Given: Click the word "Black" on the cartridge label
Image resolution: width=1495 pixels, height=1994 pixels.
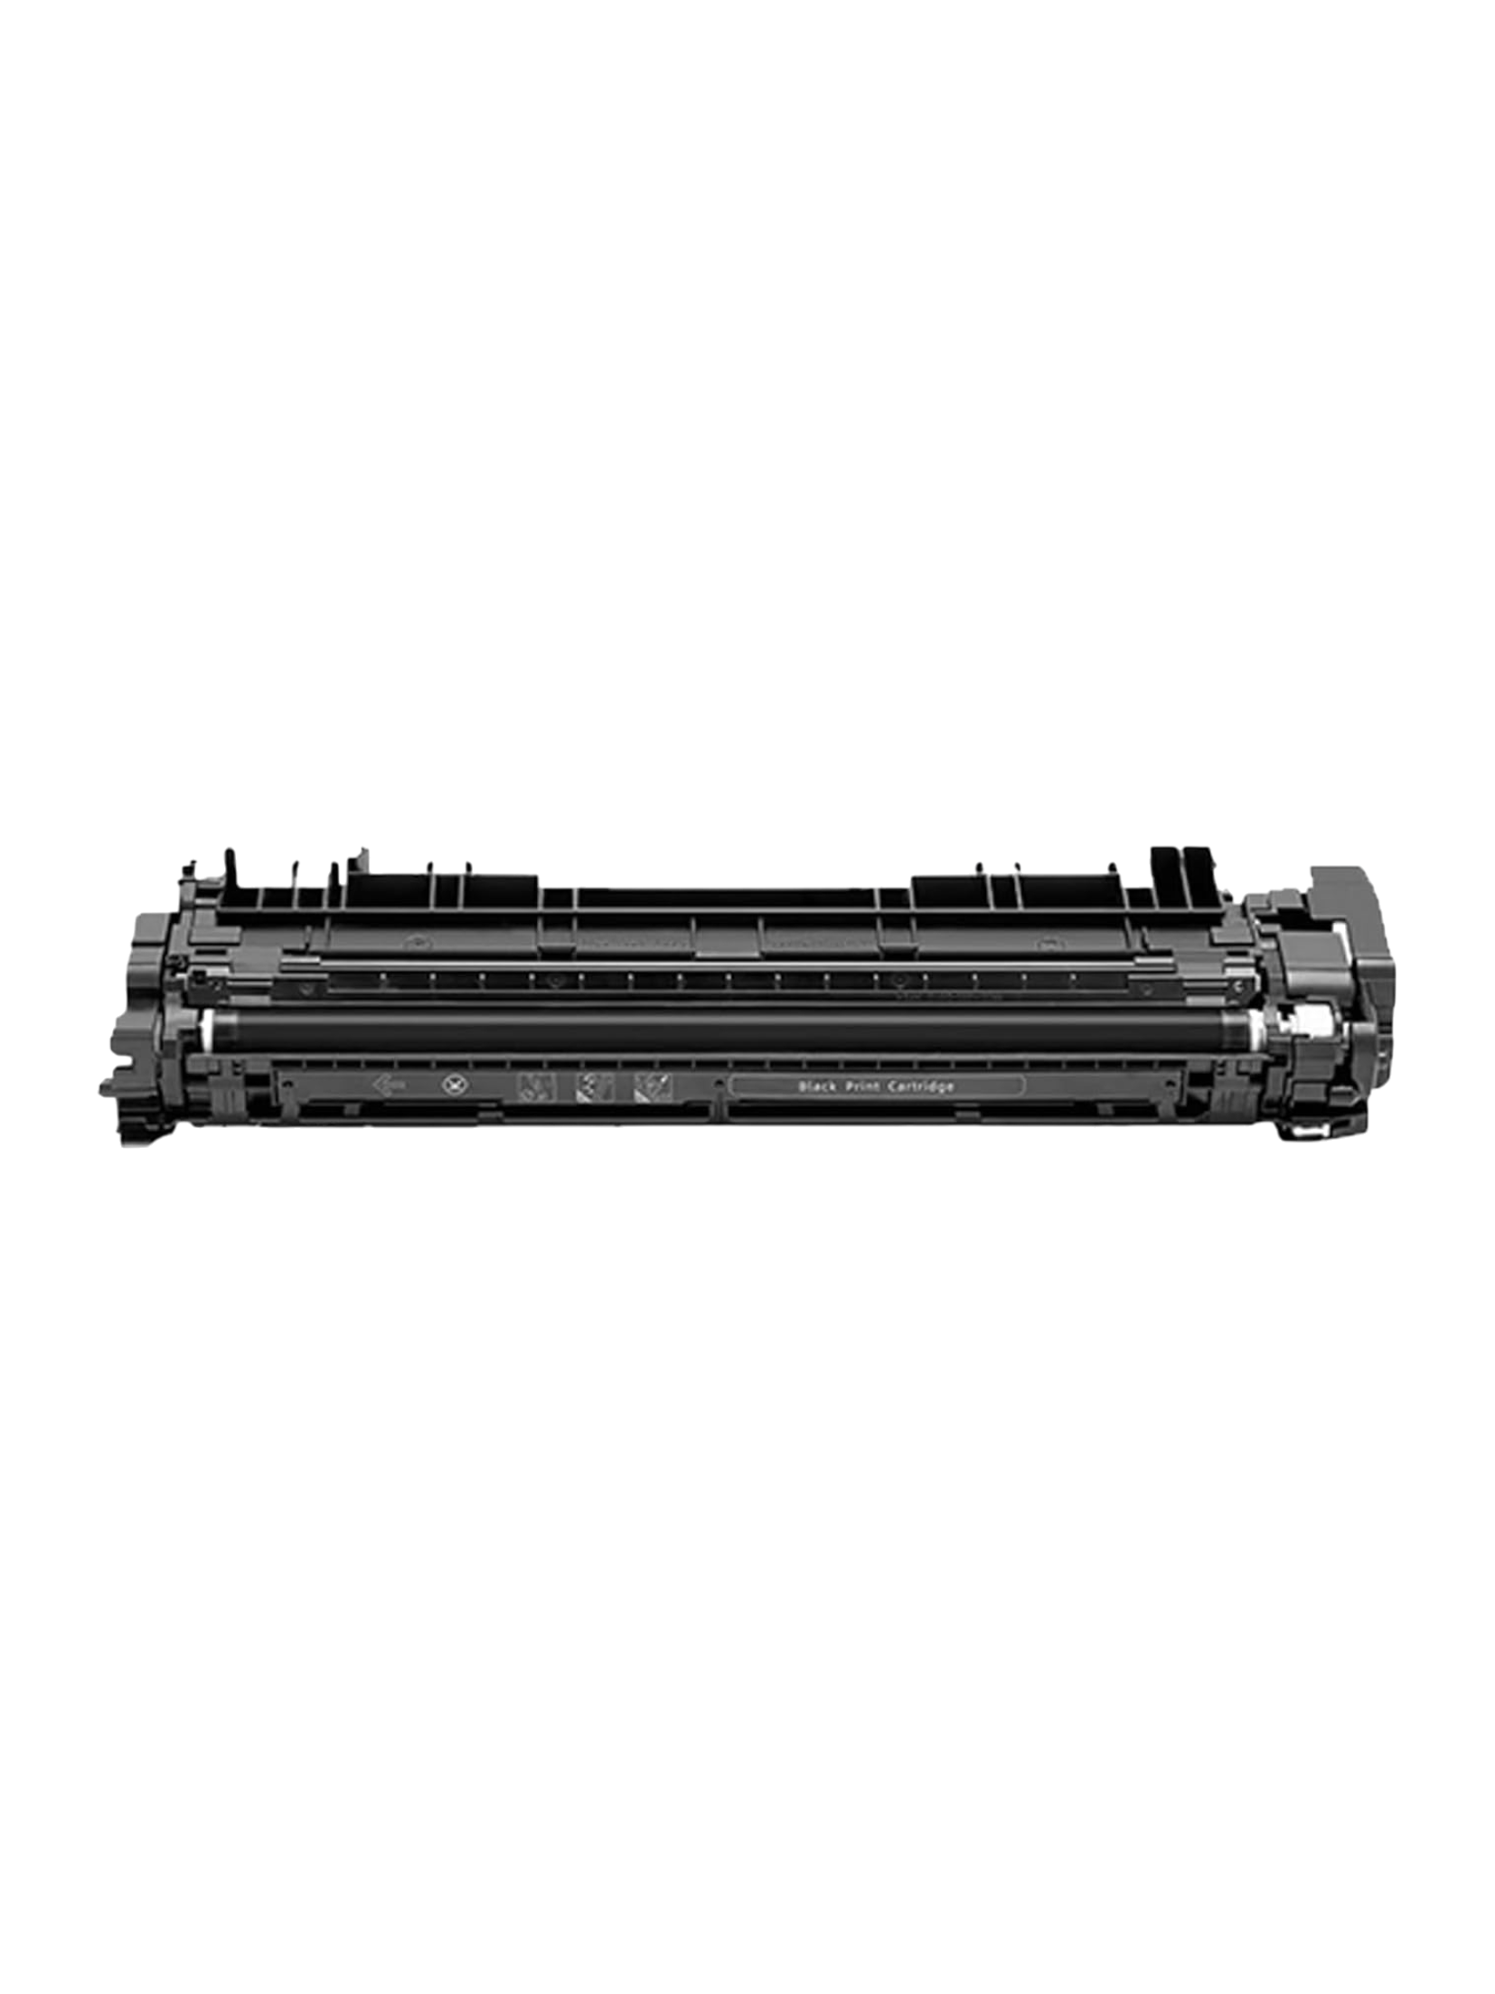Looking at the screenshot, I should click(x=815, y=1086).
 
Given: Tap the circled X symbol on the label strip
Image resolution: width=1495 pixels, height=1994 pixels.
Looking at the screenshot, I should click(x=447, y=1083).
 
